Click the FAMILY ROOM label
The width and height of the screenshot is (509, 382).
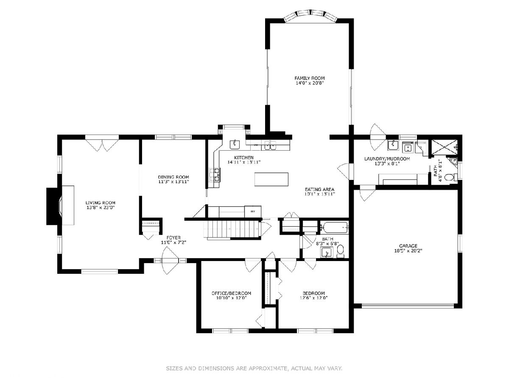309,79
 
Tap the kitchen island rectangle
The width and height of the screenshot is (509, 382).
271,179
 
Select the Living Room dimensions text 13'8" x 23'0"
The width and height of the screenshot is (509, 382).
101,208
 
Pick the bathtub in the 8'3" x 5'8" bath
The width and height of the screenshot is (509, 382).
334,228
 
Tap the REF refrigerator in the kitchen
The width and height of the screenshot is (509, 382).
252,211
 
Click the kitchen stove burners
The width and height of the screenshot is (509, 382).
215,174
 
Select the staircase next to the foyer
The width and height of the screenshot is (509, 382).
232,229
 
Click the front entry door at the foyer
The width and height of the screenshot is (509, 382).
170,261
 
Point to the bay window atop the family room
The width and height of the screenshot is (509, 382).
310,16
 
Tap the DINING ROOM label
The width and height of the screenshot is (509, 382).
173,177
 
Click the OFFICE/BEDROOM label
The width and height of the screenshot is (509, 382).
231,293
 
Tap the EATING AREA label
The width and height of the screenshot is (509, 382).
319,189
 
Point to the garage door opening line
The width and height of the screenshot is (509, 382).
408,306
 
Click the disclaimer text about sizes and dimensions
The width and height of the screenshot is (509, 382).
254,368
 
